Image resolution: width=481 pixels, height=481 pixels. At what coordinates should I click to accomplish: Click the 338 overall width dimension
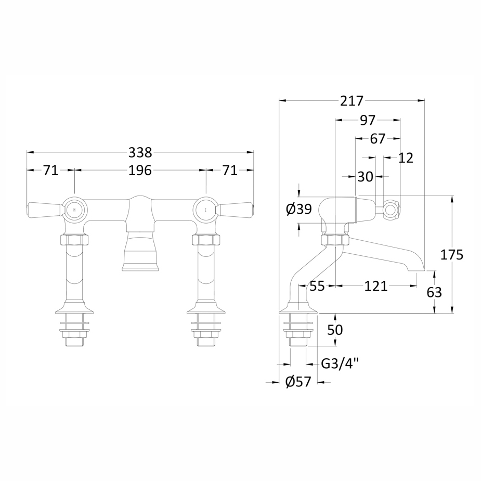point(140,152)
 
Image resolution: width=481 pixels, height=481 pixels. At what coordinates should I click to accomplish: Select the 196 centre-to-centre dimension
point(140,170)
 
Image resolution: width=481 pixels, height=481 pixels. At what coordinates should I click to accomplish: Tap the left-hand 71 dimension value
point(50,170)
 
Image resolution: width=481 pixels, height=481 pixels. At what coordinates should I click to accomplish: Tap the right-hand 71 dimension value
point(230,170)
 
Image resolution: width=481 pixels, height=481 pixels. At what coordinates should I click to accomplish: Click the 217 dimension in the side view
point(352,101)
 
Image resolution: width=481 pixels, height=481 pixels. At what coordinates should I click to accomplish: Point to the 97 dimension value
point(367,121)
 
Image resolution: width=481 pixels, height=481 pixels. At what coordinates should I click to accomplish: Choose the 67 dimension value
point(378,139)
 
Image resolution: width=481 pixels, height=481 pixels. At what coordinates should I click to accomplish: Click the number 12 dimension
point(406,158)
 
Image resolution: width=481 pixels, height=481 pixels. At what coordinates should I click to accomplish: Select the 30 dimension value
point(365,177)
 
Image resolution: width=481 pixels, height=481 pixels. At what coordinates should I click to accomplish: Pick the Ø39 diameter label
point(299,209)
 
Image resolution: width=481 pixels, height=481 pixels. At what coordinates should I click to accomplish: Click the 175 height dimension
point(451,255)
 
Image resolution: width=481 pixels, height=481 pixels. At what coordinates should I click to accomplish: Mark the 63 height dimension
point(434,293)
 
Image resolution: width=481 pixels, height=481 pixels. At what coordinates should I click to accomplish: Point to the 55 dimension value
point(317,285)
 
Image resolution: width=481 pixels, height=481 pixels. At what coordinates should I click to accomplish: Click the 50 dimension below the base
point(335,330)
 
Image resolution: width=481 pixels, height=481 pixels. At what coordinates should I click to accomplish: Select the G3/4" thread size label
point(340,363)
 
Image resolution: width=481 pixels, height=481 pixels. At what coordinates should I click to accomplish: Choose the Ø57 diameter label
point(298,382)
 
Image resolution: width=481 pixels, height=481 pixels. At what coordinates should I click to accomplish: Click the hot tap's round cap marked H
point(74,210)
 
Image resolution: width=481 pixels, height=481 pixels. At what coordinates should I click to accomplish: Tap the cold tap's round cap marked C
point(206,210)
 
